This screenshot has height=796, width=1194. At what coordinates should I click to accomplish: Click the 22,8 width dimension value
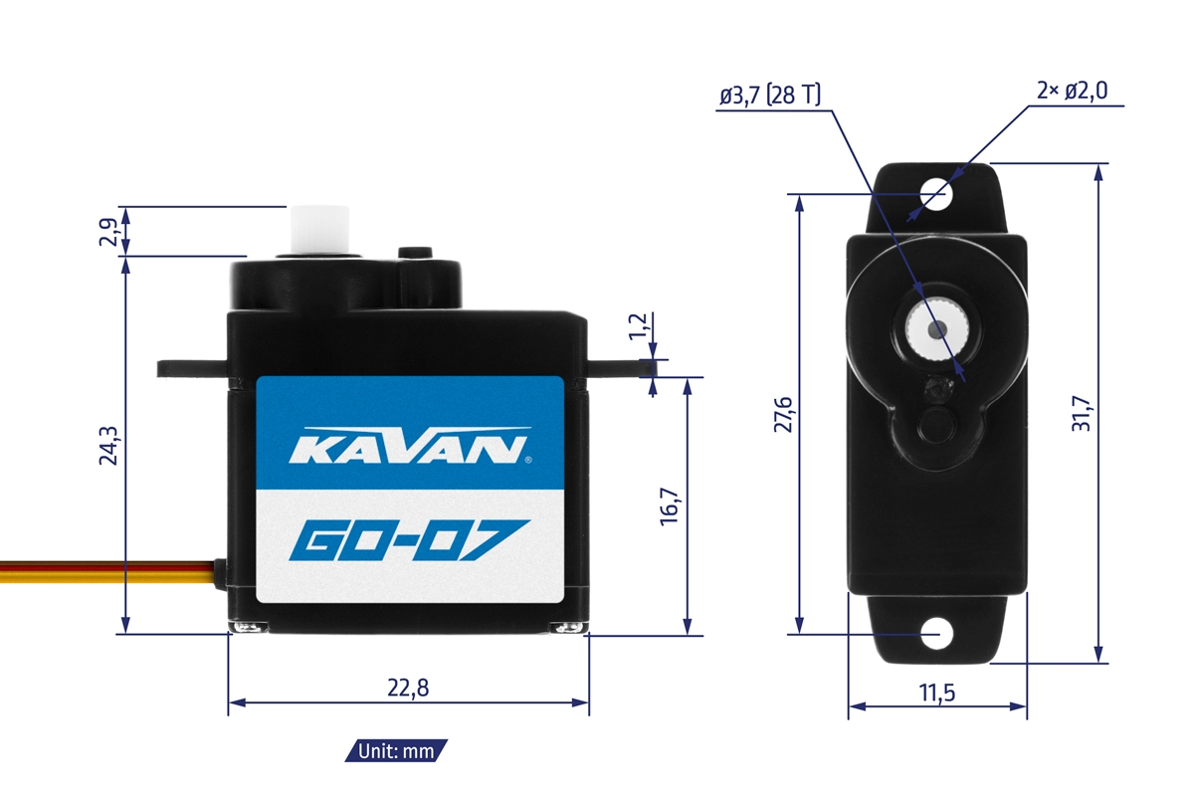click(409, 688)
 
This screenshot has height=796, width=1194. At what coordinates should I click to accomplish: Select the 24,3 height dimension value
click(109, 446)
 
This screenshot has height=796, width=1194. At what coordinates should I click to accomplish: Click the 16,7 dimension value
click(669, 505)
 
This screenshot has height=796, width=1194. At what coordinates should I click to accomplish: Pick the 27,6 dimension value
click(781, 414)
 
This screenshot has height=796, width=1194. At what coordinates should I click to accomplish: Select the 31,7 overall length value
click(1082, 413)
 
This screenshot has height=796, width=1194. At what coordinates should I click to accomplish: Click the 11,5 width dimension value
click(937, 694)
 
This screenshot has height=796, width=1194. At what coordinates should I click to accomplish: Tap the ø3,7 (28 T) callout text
click(770, 96)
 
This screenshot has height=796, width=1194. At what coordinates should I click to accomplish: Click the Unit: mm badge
click(397, 751)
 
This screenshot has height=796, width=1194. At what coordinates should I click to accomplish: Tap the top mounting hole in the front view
click(936, 190)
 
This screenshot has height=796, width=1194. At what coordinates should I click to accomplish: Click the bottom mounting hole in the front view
click(936, 633)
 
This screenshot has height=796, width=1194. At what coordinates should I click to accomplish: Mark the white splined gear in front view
click(936, 327)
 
